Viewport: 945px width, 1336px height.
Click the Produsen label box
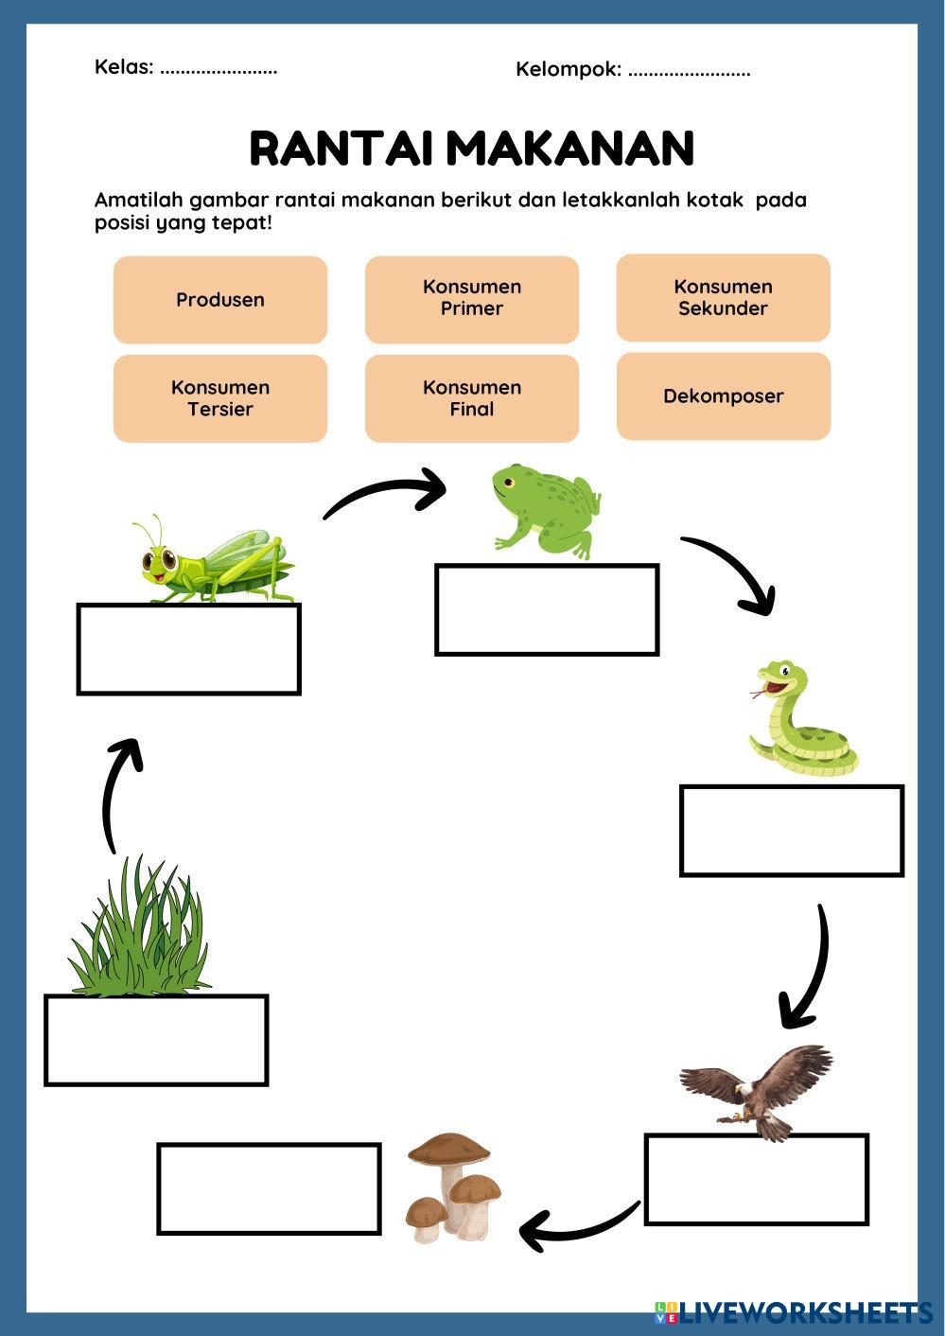pos(220,299)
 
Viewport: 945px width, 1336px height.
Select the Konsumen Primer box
pos(472,299)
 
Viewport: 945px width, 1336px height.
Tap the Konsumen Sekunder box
pos(724,298)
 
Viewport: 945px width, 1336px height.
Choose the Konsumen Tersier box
pos(220,398)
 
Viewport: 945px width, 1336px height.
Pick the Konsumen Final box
pos(472,398)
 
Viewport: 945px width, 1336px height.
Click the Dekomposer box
pos(724,396)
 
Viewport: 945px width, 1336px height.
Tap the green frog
pos(546,512)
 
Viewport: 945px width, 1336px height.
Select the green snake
pos(802,719)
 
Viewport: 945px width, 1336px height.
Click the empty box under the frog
pos(547,609)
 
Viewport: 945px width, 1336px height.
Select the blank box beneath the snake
pos(792,831)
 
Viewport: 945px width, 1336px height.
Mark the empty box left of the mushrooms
pos(269,1188)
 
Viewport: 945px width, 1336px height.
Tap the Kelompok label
pos(569,70)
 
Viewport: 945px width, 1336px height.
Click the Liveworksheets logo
pos(794,1314)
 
